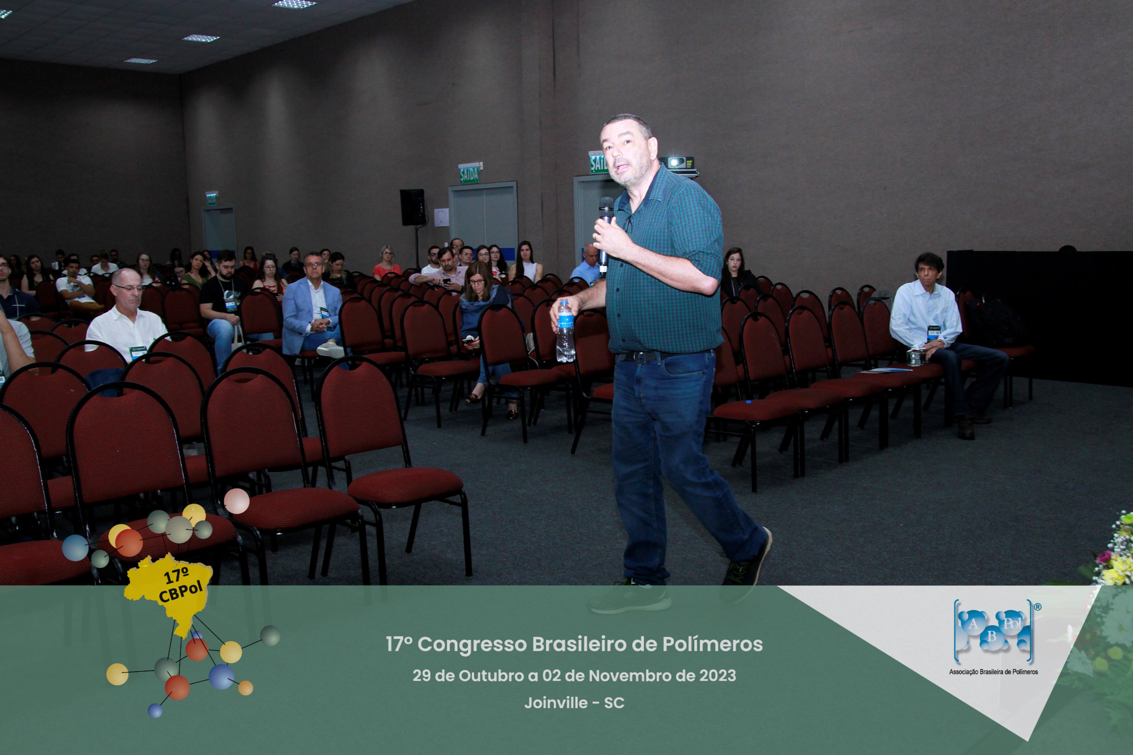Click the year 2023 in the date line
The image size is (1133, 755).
click(717, 675)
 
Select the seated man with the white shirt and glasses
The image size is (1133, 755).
click(127, 320)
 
